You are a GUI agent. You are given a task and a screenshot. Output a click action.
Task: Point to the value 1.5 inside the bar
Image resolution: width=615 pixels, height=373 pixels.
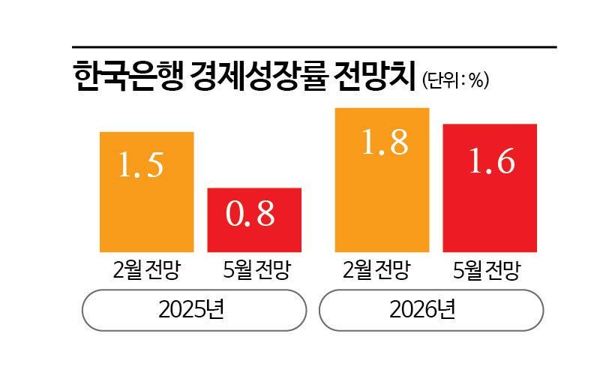pyautogui.click(x=140, y=166)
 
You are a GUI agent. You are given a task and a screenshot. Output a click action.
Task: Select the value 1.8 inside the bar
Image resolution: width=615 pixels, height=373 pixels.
pyautogui.click(x=384, y=143)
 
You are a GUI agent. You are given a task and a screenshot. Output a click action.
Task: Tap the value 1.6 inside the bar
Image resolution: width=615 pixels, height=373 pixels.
pyautogui.click(x=491, y=162)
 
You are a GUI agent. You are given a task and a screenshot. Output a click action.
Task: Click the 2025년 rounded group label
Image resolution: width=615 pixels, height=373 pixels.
pyautogui.click(x=194, y=310)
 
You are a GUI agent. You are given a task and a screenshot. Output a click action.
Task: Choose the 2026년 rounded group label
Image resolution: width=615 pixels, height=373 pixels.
pyautogui.click(x=431, y=310)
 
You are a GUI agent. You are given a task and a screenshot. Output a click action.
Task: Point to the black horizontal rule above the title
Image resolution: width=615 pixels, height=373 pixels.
pyautogui.click(x=314, y=47)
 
